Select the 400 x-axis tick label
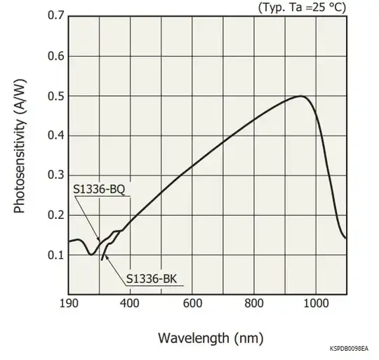130,304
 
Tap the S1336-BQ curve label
98,189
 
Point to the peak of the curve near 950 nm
301,96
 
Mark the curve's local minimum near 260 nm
91,255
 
